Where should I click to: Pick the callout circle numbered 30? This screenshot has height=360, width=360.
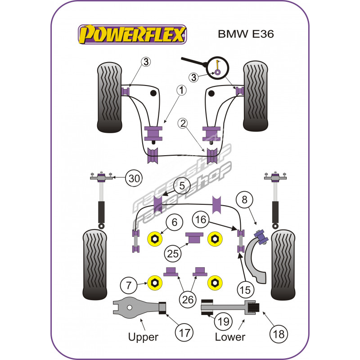[133, 178]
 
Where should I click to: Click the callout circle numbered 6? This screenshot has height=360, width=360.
[175, 222]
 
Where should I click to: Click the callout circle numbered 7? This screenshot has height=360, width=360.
[129, 284]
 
